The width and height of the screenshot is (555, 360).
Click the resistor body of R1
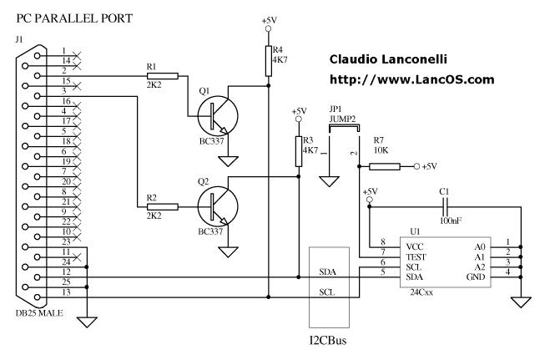coord(163,76)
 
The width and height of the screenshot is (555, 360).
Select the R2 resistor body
coord(163,207)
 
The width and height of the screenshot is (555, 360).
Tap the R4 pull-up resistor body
coord(269,61)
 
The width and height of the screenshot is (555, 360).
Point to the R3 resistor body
coord(299,151)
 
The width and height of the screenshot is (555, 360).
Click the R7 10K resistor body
coord(385,166)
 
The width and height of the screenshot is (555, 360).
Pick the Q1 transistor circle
coord(218,116)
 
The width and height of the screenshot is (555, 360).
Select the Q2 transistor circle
coord(218,206)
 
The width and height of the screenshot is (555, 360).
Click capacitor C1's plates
coord(446,206)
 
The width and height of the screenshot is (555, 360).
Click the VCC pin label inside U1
coord(415,247)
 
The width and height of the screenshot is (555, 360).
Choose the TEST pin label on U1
coord(416,257)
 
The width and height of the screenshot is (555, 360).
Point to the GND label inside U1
coord(476,277)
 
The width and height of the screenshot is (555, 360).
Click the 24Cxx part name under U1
coord(421,292)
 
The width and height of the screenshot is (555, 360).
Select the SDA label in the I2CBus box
coord(327,272)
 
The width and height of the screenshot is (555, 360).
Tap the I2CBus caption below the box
coord(328,341)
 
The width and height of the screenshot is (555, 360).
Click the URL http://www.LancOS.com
coord(412,79)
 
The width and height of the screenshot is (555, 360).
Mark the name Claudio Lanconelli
coord(388,59)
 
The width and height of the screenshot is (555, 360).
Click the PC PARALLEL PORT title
coord(74,18)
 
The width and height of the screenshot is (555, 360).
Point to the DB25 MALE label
coord(39,313)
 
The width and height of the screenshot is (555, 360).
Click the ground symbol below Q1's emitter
coord(228,161)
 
